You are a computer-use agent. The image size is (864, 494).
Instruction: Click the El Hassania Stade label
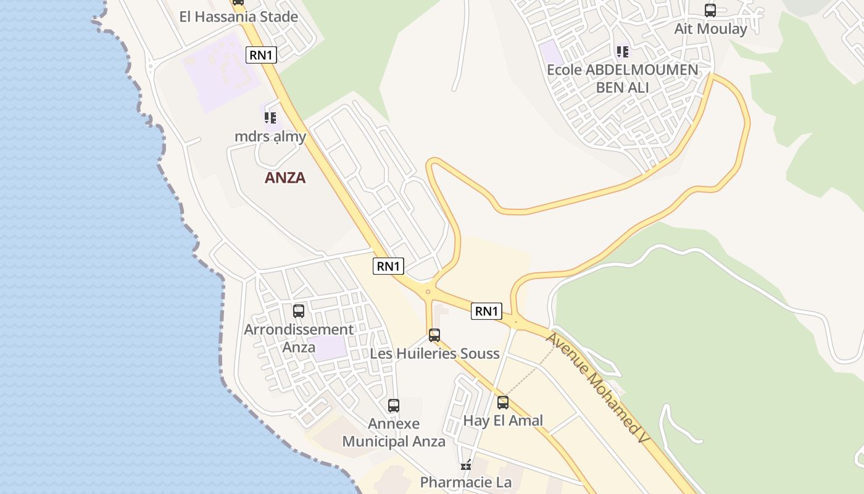point(238,17)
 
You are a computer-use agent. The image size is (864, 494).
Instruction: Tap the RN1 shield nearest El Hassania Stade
point(261,55)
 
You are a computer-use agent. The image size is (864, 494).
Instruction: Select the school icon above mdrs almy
point(270,117)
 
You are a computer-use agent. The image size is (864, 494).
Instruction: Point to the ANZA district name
point(285,178)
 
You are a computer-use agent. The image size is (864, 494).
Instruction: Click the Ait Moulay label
point(710,29)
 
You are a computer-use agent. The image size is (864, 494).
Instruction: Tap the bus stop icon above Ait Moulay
point(710,10)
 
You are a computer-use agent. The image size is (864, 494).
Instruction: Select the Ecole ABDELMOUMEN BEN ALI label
point(622,78)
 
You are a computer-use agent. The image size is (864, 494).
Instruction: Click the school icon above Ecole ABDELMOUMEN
point(622,52)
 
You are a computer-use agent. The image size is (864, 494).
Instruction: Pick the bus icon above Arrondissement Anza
point(299,311)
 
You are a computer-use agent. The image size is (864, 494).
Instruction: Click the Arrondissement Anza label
point(299,338)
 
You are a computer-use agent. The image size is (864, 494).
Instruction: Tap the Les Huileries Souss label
point(434,354)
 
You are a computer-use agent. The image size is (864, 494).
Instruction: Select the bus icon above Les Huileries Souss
point(434,335)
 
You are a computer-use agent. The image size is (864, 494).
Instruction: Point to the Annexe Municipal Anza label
point(394,433)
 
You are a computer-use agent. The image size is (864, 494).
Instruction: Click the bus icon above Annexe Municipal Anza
point(394,406)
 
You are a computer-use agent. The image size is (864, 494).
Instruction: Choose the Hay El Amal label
point(503,421)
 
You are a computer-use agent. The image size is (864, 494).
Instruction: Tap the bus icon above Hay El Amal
point(503,403)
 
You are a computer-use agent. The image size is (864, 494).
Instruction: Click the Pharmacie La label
point(466,482)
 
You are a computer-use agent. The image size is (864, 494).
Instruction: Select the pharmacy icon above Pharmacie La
point(466,464)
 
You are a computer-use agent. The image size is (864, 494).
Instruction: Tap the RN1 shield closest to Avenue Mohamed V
point(486,311)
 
